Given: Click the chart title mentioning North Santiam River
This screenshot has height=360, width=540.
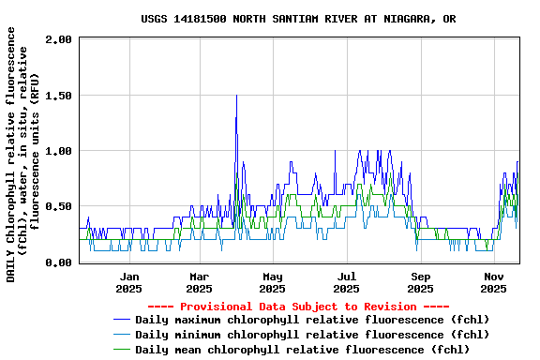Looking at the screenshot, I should point(299,19).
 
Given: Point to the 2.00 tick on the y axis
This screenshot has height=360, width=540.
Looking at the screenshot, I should point(58,39).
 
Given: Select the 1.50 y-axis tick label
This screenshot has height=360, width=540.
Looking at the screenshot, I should point(58,95).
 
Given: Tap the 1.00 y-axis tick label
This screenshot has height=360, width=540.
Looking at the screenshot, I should point(58,151).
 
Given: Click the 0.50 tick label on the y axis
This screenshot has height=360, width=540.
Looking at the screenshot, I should point(58,206).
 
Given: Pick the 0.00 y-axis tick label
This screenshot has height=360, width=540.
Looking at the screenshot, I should point(58,262).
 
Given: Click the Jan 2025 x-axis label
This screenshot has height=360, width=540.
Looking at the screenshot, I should point(129,282).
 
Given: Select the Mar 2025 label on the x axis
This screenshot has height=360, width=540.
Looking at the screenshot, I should point(200,282).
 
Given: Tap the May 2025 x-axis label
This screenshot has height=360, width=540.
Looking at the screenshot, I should point(273,282).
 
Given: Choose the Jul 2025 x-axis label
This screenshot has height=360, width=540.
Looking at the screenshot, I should point(347,282).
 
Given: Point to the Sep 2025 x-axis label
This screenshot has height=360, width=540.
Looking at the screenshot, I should point(421,282).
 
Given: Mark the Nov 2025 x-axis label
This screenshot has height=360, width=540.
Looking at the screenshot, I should point(494,282).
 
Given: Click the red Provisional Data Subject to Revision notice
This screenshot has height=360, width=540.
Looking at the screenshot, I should point(298,307).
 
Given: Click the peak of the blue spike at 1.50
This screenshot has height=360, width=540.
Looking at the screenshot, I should point(236,96).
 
